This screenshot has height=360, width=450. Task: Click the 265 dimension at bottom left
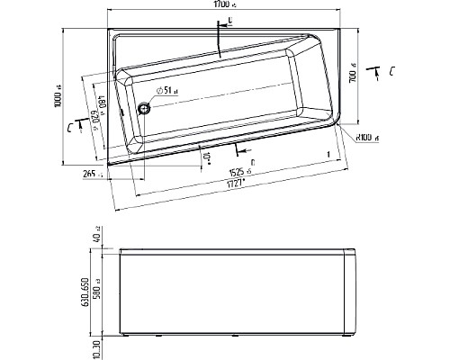tap(89, 173)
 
